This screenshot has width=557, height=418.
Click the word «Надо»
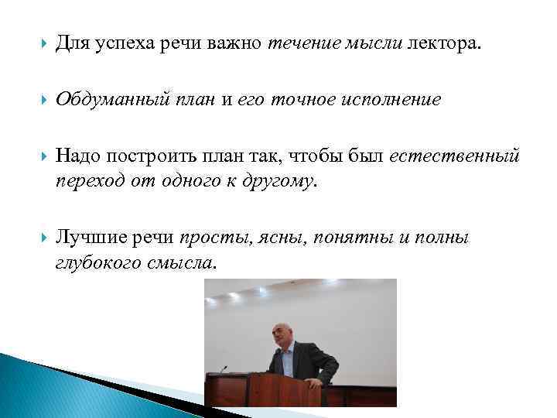click(x=77, y=157)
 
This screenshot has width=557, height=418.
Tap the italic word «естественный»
click(x=454, y=157)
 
